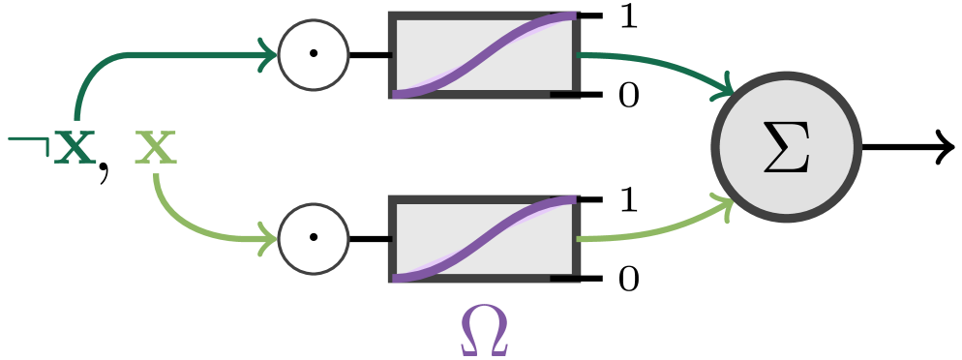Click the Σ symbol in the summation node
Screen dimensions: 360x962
786,148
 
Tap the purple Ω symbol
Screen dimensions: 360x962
484,330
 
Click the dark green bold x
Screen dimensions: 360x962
75,149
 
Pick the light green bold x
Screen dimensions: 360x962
156,149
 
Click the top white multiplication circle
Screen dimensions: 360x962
314,54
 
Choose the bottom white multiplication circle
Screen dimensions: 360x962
314,238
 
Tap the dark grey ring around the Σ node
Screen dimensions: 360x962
786,76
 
